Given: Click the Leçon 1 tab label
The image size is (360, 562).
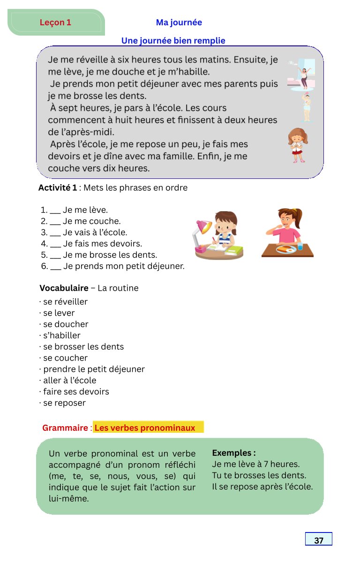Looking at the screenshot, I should (55, 22).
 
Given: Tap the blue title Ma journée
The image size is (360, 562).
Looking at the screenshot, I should (179, 22).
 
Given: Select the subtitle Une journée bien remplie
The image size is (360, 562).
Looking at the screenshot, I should (173, 41).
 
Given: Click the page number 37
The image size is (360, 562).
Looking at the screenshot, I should (319, 540).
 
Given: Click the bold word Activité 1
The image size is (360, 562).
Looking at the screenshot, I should (58, 188).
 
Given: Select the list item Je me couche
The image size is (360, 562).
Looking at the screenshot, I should (91, 221).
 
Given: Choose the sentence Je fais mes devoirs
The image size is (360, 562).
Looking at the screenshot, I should (102, 244).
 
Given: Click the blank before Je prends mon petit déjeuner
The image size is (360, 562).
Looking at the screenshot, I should (55, 266).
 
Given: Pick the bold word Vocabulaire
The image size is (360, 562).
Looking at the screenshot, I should (64, 288).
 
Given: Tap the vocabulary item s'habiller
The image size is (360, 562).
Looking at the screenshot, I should (61, 335).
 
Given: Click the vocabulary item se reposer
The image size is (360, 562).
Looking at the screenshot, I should (64, 403).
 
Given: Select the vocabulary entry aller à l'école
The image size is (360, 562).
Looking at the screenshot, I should (69, 380).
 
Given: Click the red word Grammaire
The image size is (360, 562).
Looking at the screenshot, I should (65, 428).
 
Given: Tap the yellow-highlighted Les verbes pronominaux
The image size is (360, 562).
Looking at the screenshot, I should (145, 428).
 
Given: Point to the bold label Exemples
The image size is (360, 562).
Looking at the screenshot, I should (233, 453).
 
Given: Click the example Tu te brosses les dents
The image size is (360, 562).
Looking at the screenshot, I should (259, 475).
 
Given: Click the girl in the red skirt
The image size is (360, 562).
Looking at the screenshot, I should (298, 145).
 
